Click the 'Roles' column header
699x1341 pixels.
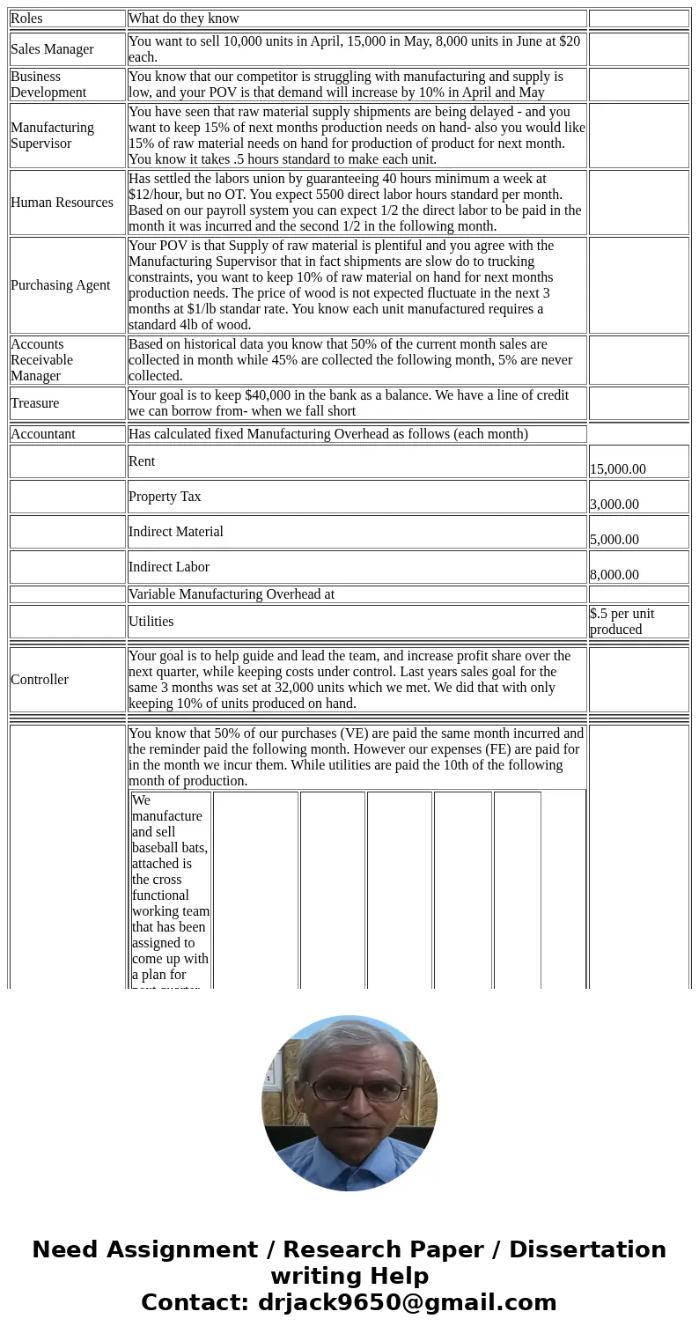(26, 18)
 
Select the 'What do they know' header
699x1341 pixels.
(184, 18)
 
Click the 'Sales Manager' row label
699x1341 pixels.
(52, 49)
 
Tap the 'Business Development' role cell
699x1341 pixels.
(48, 85)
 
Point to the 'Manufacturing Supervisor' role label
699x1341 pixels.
(52, 136)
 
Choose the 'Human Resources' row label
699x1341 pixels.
(62, 203)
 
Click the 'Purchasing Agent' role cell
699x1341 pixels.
(60, 285)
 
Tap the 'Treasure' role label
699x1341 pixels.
(35, 403)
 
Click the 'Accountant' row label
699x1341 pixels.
(43, 434)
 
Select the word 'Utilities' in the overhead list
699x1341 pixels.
(151, 622)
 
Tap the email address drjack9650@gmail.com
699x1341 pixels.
(407, 1303)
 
